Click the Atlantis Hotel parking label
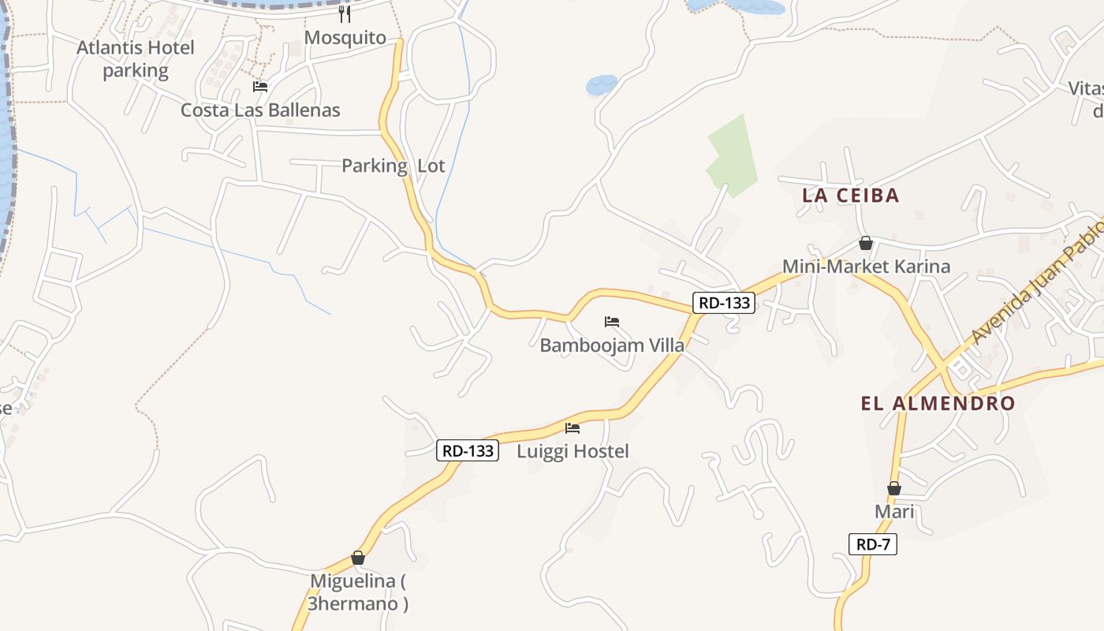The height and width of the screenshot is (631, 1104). (x=135, y=59)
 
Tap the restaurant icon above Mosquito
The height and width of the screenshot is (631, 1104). (x=345, y=13)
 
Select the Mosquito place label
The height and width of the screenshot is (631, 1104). (x=345, y=37)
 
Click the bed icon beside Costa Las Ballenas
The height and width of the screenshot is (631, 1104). (x=260, y=87)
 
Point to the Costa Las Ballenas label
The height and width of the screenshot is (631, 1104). (x=260, y=110)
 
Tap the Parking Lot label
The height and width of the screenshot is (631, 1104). (x=393, y=166)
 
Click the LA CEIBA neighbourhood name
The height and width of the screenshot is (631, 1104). (x=850, y=196)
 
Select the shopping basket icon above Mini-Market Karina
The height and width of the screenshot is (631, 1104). (x=866, y=243)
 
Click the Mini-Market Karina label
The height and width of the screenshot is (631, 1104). (x=866, y=267)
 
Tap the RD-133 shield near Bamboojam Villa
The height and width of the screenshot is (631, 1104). (x=724, y=302)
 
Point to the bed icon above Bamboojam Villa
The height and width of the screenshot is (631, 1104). (x=611, y=322)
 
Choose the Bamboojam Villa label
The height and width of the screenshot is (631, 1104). (x=611, y=345)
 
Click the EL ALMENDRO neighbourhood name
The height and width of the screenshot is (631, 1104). (x=938, y=404)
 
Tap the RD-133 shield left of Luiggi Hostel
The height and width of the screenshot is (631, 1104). (x=468, y=450)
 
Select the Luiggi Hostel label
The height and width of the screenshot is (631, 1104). (x=573, y=451)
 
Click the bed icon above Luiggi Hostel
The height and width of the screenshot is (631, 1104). (x=573, y=428)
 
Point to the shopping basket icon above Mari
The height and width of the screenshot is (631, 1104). (x=893, y=488)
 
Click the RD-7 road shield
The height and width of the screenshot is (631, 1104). (x=873, y=543)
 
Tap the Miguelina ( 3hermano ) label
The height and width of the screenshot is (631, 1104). (x=358, y=592)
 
